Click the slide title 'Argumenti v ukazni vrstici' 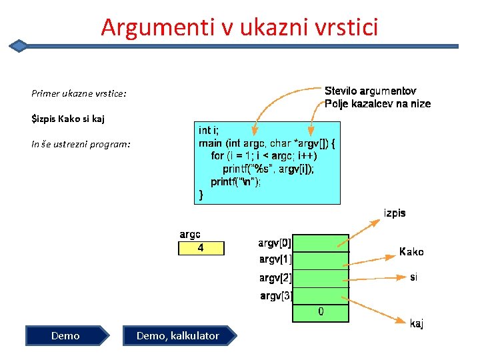(239, 27)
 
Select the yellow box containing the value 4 (201, 248)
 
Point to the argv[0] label (275, 243)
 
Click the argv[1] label (275, 259)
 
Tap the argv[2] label (275, 277)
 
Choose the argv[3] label (275, 295)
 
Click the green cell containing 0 (321, 311)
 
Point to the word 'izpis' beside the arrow (394, 213)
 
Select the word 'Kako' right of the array (411, 252)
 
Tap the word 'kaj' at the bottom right (417, 324)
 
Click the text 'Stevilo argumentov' (370, 91)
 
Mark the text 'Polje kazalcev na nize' (377, 103)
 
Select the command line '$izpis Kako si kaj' (68, 119)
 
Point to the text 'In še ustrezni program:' (81, 144)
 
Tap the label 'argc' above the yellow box (190, 235)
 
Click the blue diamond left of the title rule (19, 45)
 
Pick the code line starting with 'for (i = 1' (264, 155)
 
